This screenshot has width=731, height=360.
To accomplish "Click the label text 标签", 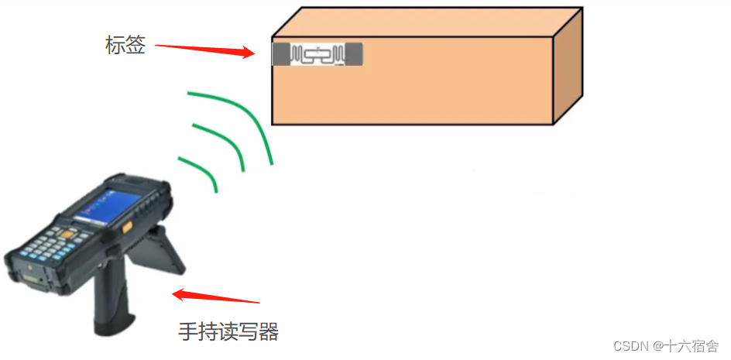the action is (125, 45).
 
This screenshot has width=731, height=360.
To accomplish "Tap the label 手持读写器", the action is (228, 332).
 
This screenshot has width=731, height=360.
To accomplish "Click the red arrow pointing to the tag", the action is (204, 50).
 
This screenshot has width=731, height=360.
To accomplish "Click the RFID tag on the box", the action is (317, 54).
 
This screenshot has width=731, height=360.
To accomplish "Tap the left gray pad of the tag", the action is (280, 54).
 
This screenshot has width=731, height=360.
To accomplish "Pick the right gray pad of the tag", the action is (354, 54).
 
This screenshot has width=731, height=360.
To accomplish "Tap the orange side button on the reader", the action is (126, 226).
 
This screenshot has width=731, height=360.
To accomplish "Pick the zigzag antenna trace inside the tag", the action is (317, 55).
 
